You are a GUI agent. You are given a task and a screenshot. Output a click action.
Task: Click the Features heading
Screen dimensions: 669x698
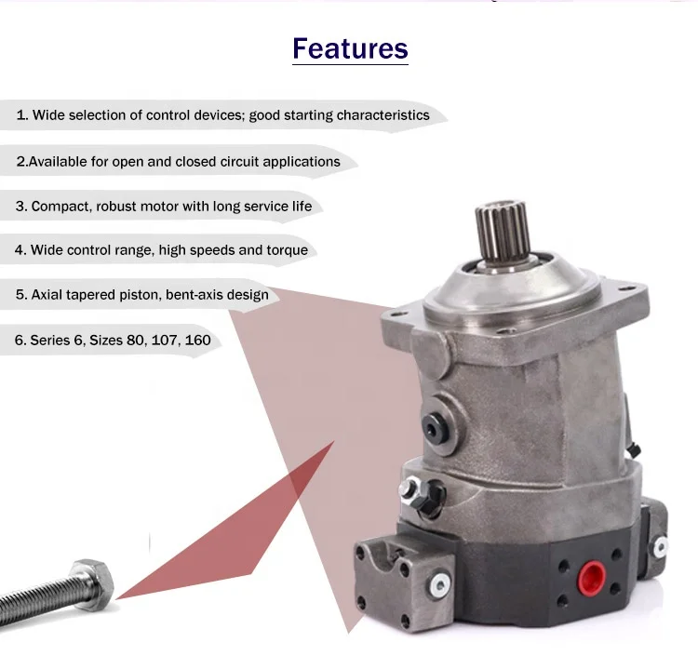350,48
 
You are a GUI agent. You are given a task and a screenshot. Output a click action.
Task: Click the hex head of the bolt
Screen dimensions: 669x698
92,580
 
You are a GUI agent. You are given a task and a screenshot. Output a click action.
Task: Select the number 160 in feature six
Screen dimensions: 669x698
197,340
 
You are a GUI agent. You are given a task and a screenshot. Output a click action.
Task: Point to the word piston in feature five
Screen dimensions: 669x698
136,295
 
